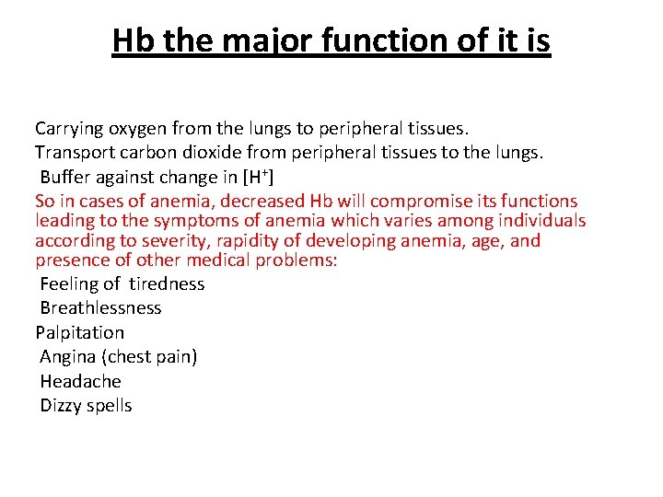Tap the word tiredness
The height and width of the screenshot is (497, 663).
click(167, 283)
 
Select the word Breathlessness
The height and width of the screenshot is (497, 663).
click(100, 308)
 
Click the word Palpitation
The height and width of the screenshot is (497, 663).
click(79, 332)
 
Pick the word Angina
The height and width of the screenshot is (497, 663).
click(67, 357)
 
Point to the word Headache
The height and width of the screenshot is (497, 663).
click(80, 381)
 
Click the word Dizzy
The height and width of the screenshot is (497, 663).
click(61, 406)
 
